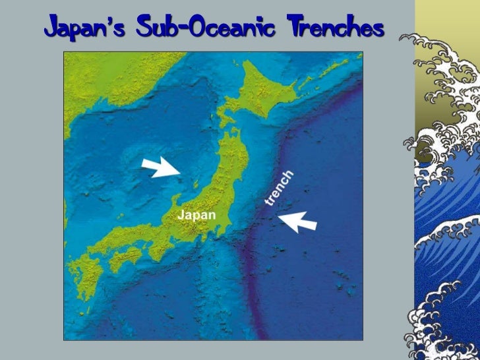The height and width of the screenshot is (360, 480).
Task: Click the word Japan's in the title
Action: [x=82, y=29]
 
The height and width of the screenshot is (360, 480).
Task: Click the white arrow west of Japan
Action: [x=162, y=169]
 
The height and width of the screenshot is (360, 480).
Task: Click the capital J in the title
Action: [x=52, y=29]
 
